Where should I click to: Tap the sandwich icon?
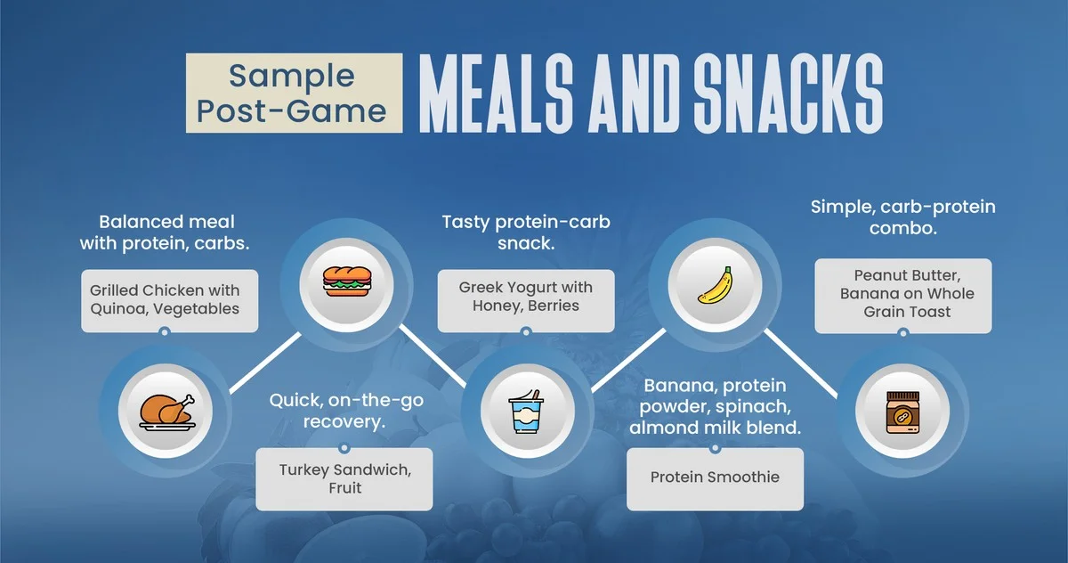[x=346, y=281]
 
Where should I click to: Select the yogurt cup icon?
[x=526, y=412]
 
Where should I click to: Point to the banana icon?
[x=715, y=285]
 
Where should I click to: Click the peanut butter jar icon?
[x=902, y=412]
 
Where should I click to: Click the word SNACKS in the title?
[x=789, y=93]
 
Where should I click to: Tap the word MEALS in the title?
[x=496, y=93]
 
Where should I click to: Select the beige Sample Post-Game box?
[x=295, y=93]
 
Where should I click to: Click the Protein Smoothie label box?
[x=715, y=479]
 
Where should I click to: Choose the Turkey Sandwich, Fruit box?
[x=344, y=479]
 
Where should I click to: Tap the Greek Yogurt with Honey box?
[x=526, y=301]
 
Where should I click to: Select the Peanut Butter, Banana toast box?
[x=903, y=296]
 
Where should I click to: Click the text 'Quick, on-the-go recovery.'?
[x=346, y=411]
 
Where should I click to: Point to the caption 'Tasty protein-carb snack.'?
[x=526, y=233]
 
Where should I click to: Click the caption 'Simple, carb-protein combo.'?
[x=903, y=217]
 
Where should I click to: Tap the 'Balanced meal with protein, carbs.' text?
[x=165, y=233]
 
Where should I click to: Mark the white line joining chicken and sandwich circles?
[x=265, y=363]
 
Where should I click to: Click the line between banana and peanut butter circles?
[x=801, y=363]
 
